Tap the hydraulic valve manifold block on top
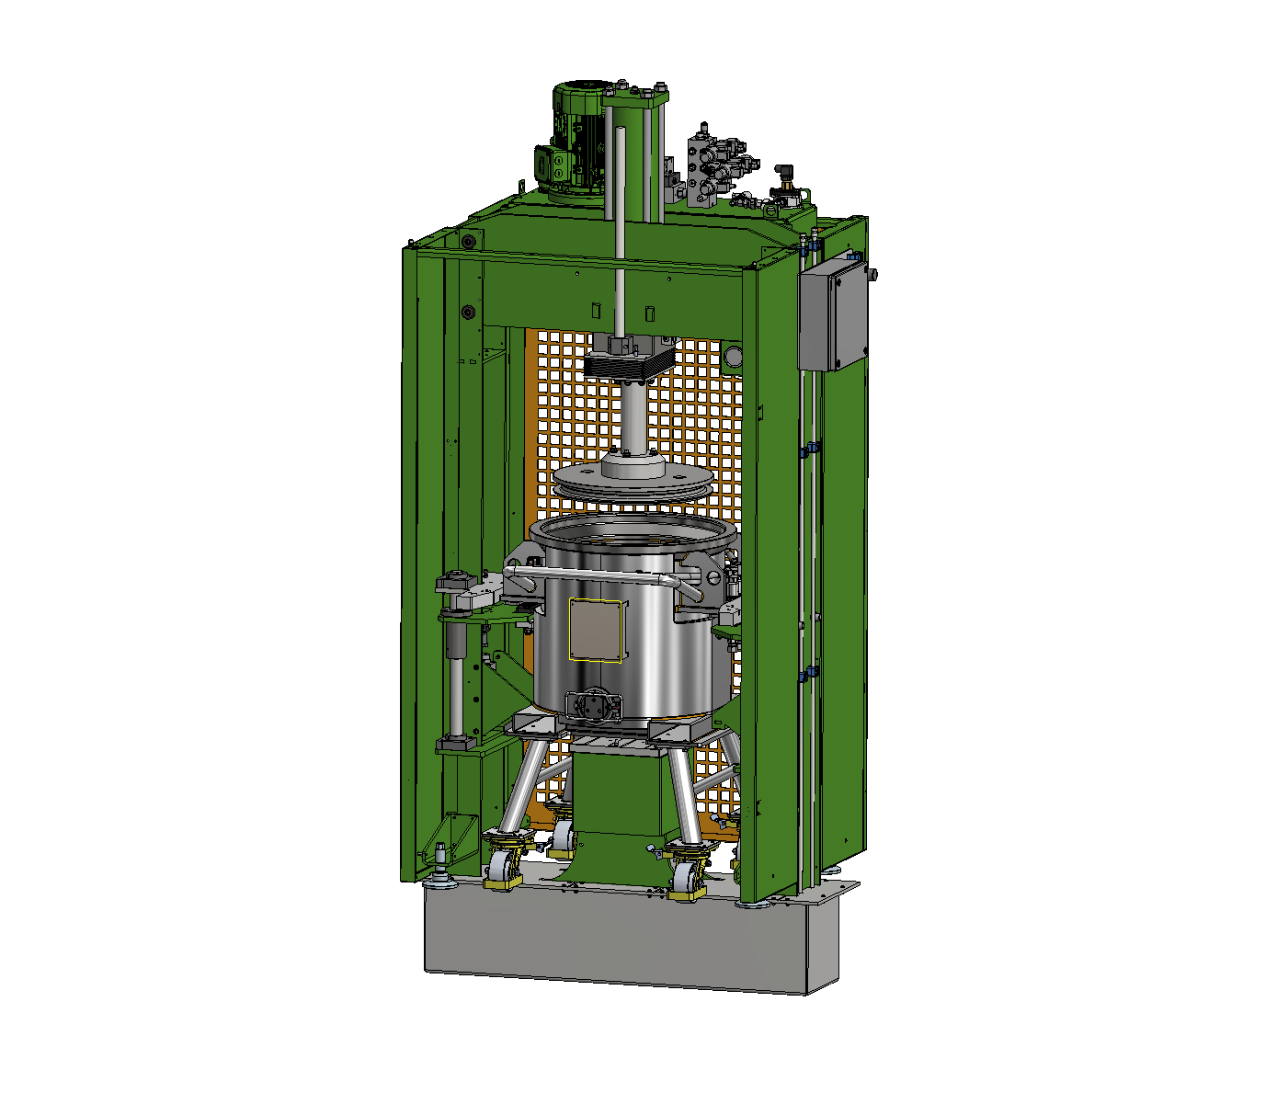(708, 165)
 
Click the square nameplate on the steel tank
(596, 630)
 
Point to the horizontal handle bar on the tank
(598, 575)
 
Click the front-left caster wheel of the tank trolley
(504, 870)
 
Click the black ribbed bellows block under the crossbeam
(630, 365)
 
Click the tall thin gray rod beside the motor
(621, 230)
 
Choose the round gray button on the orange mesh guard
(733, 357)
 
